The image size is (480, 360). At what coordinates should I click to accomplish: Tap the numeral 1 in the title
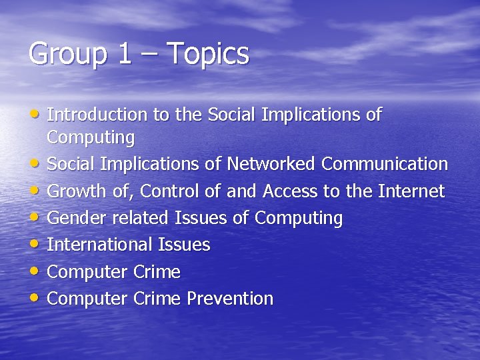tap(125, 54)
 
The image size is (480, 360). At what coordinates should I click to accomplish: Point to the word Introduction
tap(97, 115)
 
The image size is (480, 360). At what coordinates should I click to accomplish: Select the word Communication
tap(385, 163)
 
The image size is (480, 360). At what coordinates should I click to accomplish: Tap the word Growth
tap(76, 191)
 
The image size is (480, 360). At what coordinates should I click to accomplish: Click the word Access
tap(291, 191)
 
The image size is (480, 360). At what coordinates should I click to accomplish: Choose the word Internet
tap(411, 191)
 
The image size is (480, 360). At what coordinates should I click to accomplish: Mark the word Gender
tap(75, 218)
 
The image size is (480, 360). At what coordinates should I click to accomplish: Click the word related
tap(143, 218)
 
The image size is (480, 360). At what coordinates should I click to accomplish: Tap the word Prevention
tap(230, 298)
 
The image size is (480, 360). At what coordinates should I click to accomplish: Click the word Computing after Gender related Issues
tap(299, 218)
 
